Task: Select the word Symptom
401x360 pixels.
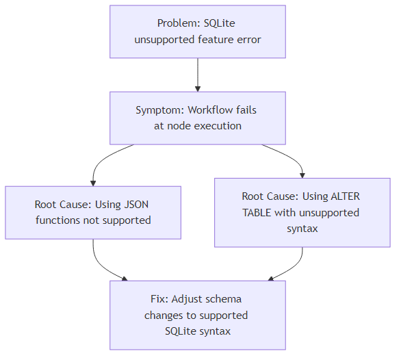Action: point(159,110)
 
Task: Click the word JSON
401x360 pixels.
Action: point(137,205)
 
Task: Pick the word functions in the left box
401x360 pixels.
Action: point(60,220)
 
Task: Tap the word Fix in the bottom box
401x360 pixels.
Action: point(157,299)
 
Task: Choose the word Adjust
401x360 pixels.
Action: point(187,299)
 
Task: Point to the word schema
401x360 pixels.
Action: point(224,299)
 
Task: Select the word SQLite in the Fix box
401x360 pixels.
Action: point(181,331)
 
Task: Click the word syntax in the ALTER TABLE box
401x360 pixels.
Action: point(302,229)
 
